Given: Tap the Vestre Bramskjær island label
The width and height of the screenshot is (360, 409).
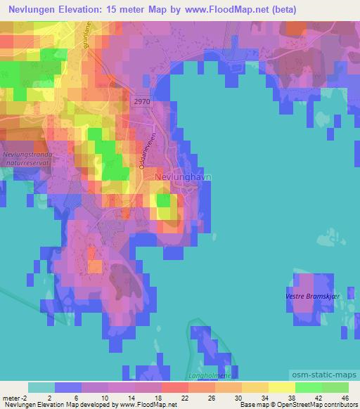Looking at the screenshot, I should [x=313, y=296].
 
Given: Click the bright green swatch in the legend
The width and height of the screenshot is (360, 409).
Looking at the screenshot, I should [x=309, y=387].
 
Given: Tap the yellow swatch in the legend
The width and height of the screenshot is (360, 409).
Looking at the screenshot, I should [x=282, y=387].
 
